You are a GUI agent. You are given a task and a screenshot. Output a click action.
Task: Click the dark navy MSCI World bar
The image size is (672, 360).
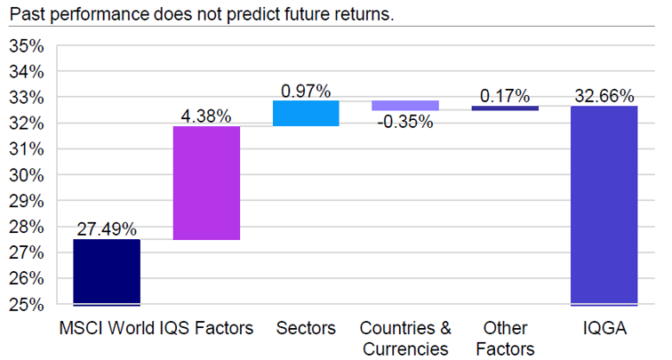point(107,272)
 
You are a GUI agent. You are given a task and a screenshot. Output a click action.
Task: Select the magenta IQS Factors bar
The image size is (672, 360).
point(206,183)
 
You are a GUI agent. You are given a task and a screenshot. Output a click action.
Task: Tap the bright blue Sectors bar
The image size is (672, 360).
point(306,113)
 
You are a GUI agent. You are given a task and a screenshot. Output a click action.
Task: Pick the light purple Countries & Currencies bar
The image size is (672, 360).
point(405,106)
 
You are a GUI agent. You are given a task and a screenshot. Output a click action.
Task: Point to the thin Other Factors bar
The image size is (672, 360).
point(505,108)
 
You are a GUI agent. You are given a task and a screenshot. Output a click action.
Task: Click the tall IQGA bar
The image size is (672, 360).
point(604,205)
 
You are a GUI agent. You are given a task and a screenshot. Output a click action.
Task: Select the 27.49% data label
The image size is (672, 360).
point(107,229)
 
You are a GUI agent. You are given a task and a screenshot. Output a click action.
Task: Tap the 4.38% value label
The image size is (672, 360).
point(206,116)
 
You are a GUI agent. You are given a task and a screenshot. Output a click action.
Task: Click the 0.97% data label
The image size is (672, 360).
point(306,91)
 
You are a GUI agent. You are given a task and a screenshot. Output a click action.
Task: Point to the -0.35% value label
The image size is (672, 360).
point(405,122)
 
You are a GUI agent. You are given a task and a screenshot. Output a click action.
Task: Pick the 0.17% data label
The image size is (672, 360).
point(505,96)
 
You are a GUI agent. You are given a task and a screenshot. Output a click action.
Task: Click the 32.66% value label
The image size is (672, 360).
point(604,96)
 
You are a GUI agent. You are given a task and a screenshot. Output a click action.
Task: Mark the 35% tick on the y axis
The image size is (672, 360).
point(27,46)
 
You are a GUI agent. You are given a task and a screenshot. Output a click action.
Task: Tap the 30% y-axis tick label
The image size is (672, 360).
point(27,176)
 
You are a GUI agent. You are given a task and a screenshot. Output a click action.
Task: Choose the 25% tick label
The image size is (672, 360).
point(27,305)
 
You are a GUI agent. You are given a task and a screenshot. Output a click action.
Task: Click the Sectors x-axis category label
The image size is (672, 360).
point(306,328)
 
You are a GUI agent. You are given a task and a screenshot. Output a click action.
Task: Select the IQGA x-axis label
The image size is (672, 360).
point(604,328)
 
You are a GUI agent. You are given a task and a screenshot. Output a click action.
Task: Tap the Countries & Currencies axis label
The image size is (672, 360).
point(405,339)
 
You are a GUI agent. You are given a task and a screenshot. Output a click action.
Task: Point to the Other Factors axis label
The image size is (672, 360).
point(505,339)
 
